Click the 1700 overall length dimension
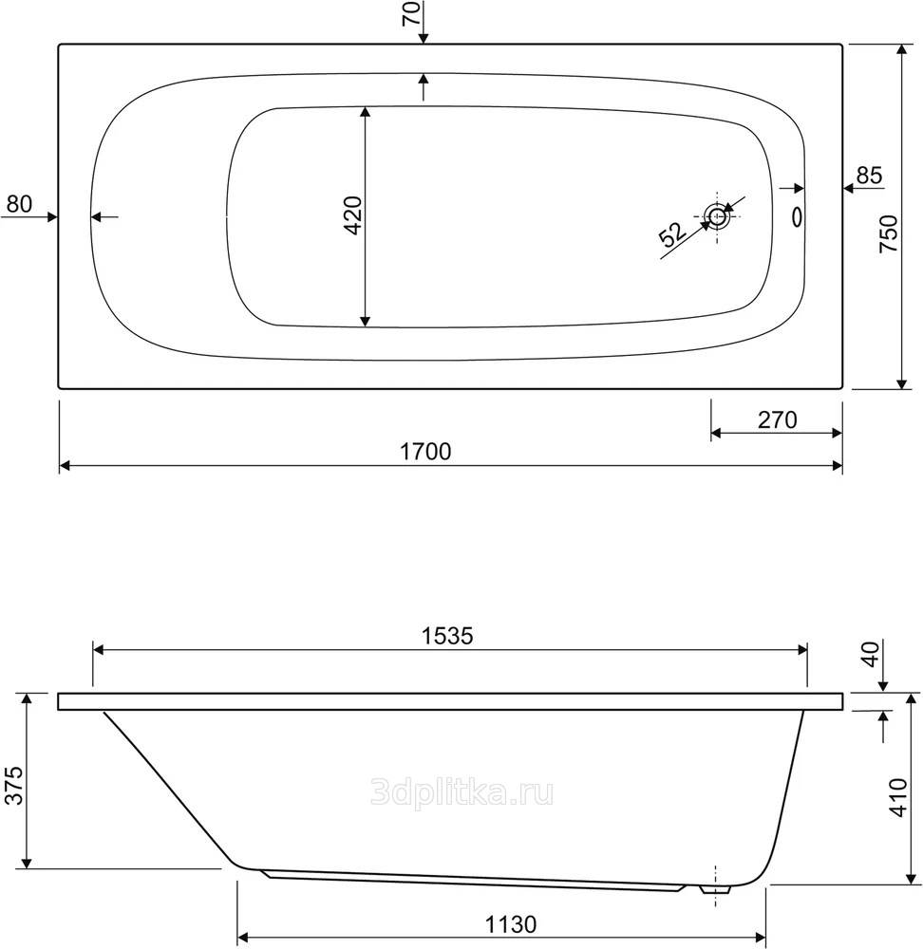click(x=425, y=452)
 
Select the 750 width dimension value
click(x=889, y=233)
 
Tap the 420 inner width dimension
click(x=352, y=215)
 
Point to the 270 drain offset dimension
click(x=777, y=419)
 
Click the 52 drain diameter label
click(x=673, y=234)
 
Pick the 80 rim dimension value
click(x=19, y=204)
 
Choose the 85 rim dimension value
click(x=869, y=176)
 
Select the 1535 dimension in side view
click(x=447, y=636)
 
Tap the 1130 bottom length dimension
click(x=511, y=924)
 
